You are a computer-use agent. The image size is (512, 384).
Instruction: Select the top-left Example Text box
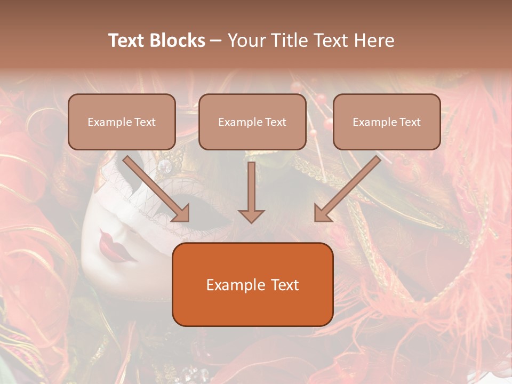122,122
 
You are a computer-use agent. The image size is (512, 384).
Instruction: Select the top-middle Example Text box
252,122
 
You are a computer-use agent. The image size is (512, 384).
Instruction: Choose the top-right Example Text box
387,122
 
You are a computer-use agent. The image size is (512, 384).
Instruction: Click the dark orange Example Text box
252,284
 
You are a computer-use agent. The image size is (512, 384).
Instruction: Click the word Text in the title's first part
127,41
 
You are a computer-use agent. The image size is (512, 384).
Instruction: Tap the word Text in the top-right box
410,122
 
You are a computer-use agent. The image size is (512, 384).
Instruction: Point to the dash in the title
216,41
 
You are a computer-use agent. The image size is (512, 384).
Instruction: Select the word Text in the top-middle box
275,122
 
